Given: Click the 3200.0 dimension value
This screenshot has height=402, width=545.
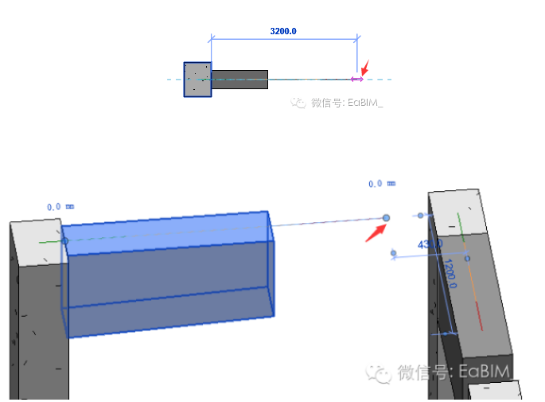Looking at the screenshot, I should (x=283, y=32).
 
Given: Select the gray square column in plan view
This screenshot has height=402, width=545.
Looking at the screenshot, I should (x=197, y=80).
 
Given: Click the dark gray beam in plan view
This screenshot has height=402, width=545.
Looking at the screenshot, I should (x=239, y=78).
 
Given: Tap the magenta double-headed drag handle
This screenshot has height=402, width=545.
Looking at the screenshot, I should (x=357, y=79).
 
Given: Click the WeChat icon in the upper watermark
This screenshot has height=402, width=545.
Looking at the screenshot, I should (x=298, y=103).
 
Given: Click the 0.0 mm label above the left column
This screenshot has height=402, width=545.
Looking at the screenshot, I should (x=60, y=207).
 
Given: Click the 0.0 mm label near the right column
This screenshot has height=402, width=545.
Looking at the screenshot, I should (x=381, y=184).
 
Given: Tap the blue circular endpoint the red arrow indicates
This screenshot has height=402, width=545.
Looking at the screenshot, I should (x=387, y=217).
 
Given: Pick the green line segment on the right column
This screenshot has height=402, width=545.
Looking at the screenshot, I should (x=461, y=223).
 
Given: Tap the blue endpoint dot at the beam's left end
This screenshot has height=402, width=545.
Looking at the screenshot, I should (x=65, y=240).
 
